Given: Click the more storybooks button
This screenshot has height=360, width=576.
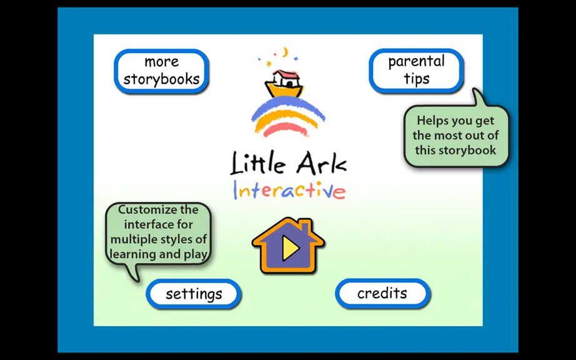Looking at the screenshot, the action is point(161,71).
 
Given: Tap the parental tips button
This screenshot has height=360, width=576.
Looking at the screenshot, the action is point(416,71).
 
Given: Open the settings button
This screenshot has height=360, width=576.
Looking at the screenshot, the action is point(194,294).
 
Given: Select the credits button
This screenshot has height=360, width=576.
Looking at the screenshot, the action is point(382,294).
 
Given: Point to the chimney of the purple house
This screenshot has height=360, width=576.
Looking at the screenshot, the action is point(305,227).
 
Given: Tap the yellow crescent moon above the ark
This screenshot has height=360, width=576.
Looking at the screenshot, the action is point(285,52).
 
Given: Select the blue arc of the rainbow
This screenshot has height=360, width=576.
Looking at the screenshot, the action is point(288,106).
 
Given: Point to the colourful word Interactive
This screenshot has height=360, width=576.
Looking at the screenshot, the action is point(289,189).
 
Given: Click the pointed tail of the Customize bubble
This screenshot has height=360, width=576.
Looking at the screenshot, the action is point(136,280).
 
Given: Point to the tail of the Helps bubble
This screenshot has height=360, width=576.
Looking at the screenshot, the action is point(477,91).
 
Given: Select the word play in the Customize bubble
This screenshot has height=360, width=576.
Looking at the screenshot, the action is point(196,255).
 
